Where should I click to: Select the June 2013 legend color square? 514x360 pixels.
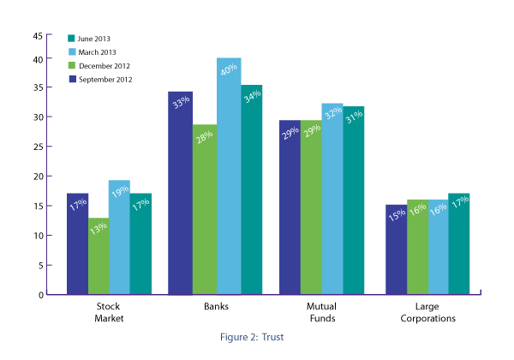[73, 39]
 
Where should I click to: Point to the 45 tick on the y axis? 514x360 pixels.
[37, 36]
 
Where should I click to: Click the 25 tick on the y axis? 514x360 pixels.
[37, 147]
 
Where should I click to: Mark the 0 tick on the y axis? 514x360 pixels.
[39, 295]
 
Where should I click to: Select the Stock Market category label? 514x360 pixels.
[109, 311]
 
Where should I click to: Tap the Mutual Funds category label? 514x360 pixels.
[320, 311]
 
